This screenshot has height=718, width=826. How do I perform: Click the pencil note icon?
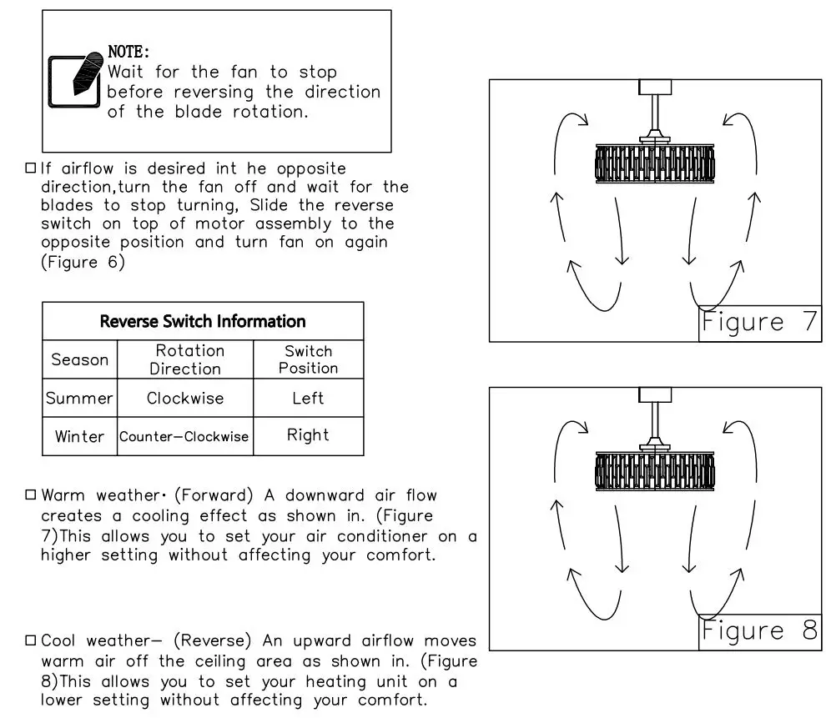pyautogui.click(x=75, y=81)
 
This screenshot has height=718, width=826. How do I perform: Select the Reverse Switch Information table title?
pyautogui.click(x=203, y=321)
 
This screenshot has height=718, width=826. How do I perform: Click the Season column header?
pyautogui.click(x=80, y=359)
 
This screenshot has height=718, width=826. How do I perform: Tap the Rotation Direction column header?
pyautogui.click(x=186, y=359)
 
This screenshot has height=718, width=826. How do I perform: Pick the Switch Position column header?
pyautogui.click(x=308, y=359)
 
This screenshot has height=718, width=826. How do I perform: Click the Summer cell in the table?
pyautogui.click(x=80, y=398)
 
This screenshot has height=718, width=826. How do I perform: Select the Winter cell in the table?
pyautogui.click(x=80, y=436)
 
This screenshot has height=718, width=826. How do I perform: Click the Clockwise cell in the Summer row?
pyautogui.click(x=185, y=398)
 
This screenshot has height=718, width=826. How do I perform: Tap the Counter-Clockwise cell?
pyautogui.click(x=184, y=436)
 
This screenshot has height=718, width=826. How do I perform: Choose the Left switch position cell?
pyautogui.click(x=308, y=398)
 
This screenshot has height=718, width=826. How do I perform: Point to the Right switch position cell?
pyautogui.click(x=308, y=435)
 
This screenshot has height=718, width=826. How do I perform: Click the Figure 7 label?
pyautogui.click(x=759, y=323)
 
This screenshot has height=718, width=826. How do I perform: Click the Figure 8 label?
pyautogui.click(x=759, y=630)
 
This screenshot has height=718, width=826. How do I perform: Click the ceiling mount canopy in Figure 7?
pyautogui.click(x=655, y=87)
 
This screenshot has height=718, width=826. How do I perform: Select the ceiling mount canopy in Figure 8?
pyautogui.click(x=655, y=394)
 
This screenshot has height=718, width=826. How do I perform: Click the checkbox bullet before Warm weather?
pyautogui.click(x=31, y=495)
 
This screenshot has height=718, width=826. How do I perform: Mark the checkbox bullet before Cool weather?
pyautogui.click(x=31, y=640)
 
